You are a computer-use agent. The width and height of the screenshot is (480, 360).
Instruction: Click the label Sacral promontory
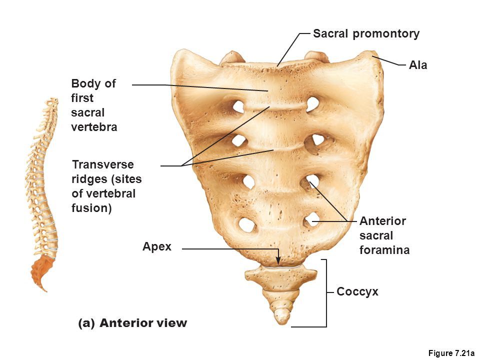click(366, 34)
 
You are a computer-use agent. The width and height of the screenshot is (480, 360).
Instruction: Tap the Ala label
click(418, 64)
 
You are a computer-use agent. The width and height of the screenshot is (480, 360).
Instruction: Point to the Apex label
click(156, 246)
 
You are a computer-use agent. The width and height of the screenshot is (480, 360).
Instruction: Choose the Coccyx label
click(357, 291)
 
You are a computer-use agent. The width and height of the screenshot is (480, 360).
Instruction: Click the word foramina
click(384, 250)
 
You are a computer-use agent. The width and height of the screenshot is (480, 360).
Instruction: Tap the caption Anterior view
click(143, 323)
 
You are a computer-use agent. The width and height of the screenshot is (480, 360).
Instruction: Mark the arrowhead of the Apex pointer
click(278, 261)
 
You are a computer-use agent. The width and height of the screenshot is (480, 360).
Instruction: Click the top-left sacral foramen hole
click(239, 106)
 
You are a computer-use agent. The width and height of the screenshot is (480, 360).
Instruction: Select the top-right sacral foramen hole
click(312, 104)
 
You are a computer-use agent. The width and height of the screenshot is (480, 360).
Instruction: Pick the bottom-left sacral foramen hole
click(246, 224)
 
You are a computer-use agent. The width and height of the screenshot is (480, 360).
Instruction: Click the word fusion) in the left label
click(91, 207)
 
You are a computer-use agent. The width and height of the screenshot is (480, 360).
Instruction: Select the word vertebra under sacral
click(94, 127)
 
